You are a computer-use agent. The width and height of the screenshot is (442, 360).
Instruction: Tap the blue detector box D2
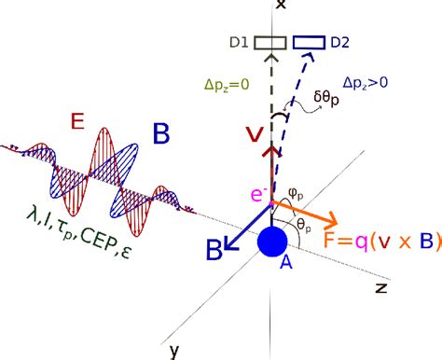(x=310, y=42)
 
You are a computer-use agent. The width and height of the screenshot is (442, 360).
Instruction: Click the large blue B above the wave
(x=160, y=135)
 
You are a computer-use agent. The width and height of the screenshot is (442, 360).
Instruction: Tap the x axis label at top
(x=278, y=6)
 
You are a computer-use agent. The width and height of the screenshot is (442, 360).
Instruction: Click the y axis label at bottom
(x=173, y=350)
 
